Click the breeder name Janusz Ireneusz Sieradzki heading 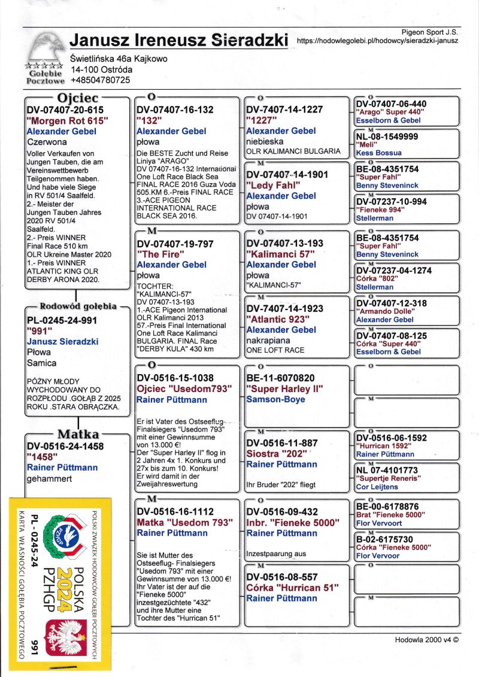point(179,40)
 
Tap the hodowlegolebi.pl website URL point(377,41)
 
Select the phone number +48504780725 point(100,80)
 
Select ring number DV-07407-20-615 point(65,110)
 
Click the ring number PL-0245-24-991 point(62,320)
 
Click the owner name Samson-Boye point(275,399)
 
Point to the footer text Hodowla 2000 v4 point(426,639)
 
